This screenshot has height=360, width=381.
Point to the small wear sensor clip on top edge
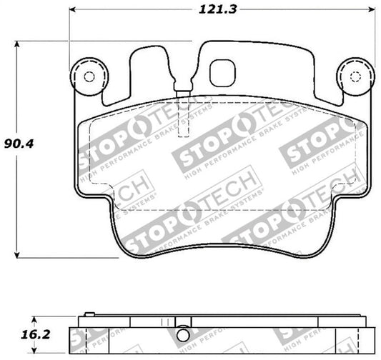point(179,91)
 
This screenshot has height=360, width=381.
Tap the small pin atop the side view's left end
point(89,313)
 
